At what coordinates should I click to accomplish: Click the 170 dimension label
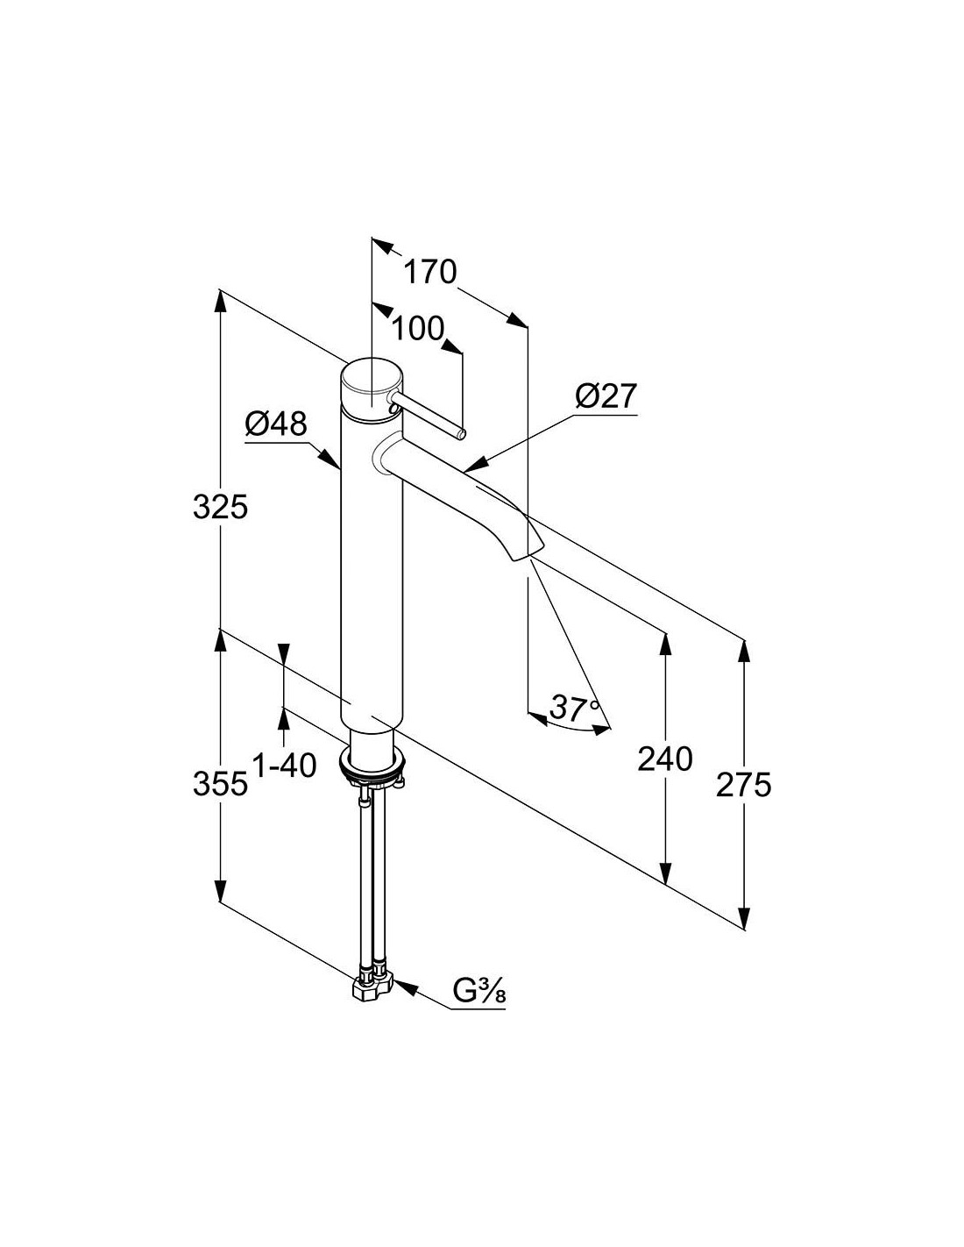point(430,272)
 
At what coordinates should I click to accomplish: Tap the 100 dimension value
point(418,329)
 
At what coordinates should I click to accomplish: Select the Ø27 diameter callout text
point(606,396)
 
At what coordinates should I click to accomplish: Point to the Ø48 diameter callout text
point(276,424)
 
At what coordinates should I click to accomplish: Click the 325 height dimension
point(221,507)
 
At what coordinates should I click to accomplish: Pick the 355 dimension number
point(221,784)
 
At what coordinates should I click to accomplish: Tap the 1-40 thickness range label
point(285,766)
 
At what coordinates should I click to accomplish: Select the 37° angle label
point(574,709)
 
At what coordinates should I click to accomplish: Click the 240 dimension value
point(665,759)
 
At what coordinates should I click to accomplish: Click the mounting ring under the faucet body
point(373,766)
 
